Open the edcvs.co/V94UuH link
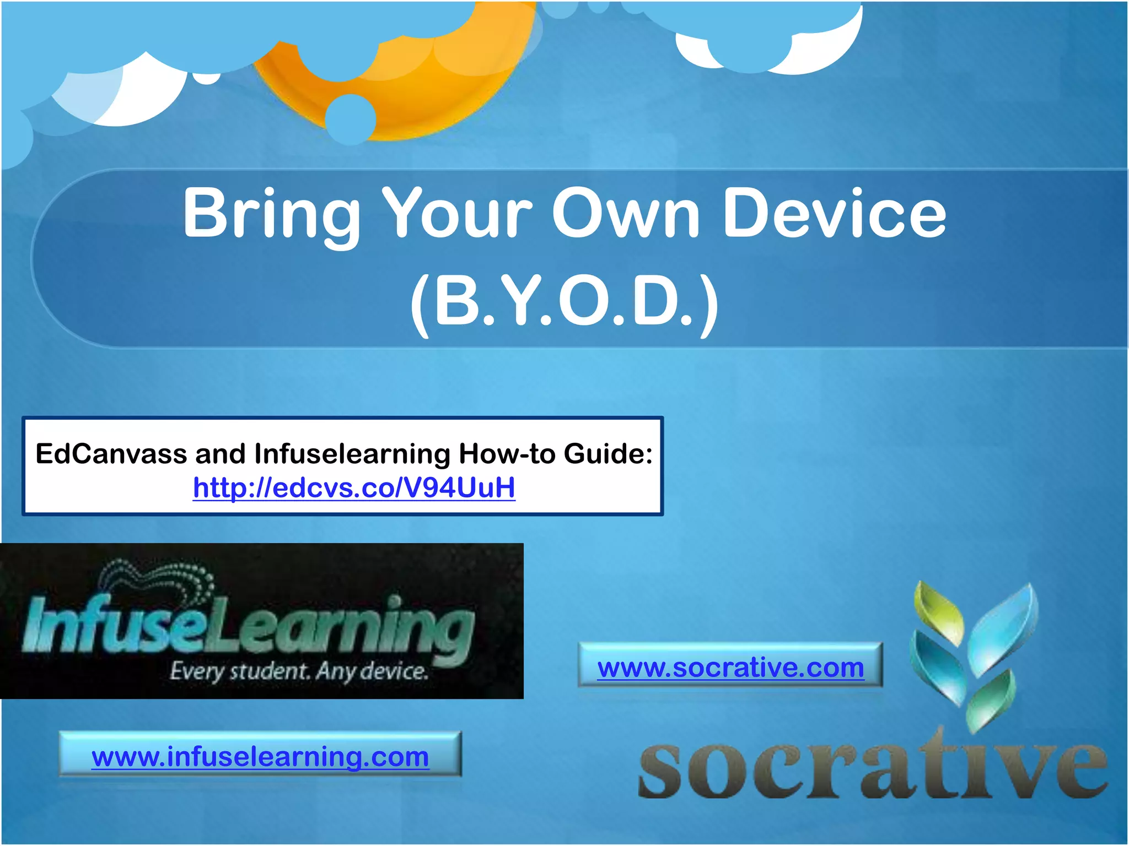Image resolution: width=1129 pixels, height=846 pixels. coord(354,487)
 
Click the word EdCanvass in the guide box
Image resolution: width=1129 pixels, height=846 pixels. coord(111,454)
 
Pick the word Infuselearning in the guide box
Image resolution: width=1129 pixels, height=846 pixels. coord(352,454)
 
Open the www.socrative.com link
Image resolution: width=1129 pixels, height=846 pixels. coord(730,668)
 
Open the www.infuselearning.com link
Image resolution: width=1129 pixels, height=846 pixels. coord(260,756)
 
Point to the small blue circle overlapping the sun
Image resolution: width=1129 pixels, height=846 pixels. coord(350,119)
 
